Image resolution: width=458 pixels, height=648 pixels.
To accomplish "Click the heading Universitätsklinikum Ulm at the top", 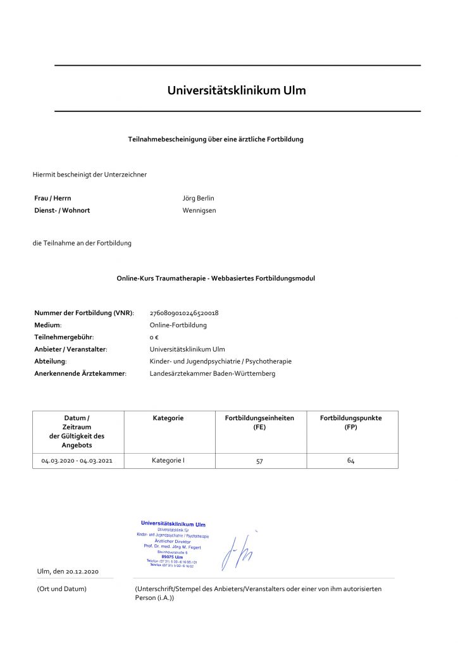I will (x=237, y=90).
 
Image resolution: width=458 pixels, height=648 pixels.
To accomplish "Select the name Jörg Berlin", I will (x=199, y=198).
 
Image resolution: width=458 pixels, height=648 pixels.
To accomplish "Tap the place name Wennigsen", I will (x=199, y=210).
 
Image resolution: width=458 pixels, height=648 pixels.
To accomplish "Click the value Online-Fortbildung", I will (x=178, y=325).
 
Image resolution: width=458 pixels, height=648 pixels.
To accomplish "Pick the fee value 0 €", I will (x=154, y=337).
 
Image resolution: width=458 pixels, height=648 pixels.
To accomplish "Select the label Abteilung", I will (x=50, y=361).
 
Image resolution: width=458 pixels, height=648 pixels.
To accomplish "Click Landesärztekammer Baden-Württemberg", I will (x=212, y=373).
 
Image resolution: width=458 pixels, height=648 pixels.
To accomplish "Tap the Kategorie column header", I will (x=168, y=418).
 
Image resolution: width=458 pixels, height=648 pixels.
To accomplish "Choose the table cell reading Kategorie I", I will (x=168, y=460).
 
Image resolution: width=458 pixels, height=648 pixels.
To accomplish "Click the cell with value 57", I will (x=259, y=461).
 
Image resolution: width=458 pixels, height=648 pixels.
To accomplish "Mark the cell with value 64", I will (x=350, y=460).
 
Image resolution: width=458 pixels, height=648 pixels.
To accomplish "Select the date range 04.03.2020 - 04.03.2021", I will (x=78, y=461).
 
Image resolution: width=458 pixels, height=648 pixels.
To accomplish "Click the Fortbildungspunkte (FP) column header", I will (x=350, y=423).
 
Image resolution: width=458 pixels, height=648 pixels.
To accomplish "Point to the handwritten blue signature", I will (x=237, y=551).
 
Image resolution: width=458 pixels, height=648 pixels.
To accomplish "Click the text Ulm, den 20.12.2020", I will (x=68, y=571).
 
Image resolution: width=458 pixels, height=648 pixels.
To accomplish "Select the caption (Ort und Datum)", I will (x=61, y=589).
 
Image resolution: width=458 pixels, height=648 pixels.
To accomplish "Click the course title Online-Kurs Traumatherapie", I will (x=216, y=278).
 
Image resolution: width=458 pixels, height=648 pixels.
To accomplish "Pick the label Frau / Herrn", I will (x=53, y=198).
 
